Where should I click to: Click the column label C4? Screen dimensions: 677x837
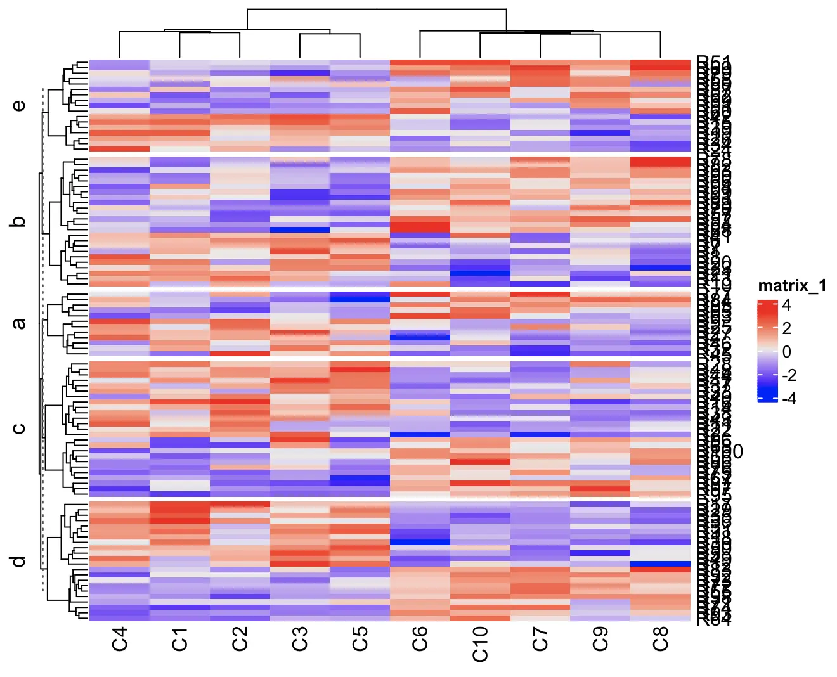(x=119, y=638)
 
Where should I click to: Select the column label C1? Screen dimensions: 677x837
(x=179, y=638)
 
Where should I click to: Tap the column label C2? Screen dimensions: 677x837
(x=240, y=638)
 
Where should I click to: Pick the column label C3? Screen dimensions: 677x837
(x=300, y=638)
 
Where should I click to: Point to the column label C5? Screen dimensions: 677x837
(x=360, y=638)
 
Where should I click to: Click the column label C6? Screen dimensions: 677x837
(x=420, y=638)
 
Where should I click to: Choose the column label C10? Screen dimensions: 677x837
(x=480, y=643)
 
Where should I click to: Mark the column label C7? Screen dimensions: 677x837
(x=540, y=638)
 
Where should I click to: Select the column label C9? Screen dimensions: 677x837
(x=600, y=638)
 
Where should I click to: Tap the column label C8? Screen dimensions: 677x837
(x=660, y=638)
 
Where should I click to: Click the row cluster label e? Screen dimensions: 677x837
(x=19, y=105)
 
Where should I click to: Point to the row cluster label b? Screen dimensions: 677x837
(x=19, y=222)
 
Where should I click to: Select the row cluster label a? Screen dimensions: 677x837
(x=19, y=323)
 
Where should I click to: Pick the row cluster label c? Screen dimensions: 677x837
(x=19, y=428)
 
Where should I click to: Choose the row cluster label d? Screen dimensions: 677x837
(x=19, y=562)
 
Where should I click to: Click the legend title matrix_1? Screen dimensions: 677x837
(x=792, y=286)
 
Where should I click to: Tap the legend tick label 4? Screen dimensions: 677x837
(x=786, y=305)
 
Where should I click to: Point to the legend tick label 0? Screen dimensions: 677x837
(x=786, y=352)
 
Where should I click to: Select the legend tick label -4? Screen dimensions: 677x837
(x=789, y=399)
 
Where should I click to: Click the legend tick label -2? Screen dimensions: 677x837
(x=789, y=375)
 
